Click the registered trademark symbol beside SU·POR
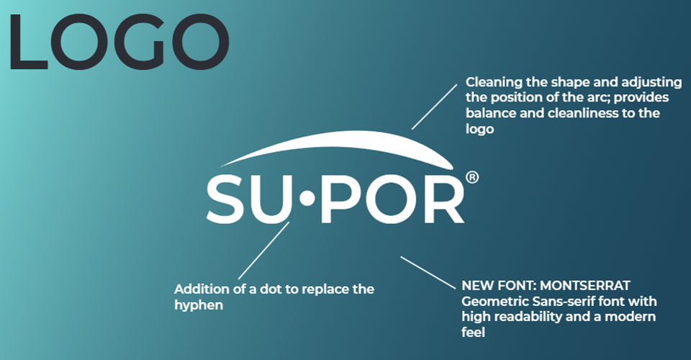(x=472, y=177)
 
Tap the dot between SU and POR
(x=307, y=203)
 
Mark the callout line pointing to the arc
(x=434, y=106)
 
